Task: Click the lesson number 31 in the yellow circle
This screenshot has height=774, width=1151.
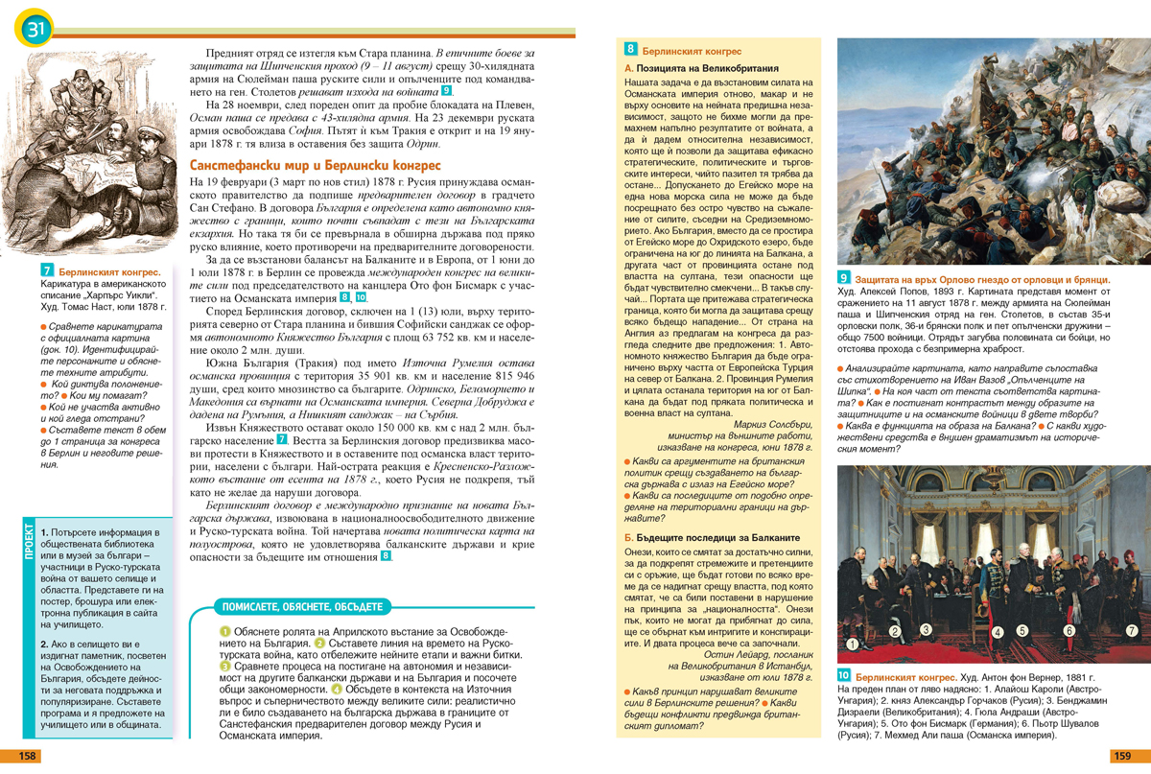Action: (x=33, y=30)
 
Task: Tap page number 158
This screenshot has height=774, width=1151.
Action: (x=29, y=756)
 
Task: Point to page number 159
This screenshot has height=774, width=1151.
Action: (x=1122, y=756)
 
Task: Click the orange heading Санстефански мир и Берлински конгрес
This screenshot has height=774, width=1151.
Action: (x=316, y=165)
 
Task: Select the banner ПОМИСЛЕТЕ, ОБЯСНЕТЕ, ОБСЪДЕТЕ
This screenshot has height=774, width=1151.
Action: (x=302, y=606)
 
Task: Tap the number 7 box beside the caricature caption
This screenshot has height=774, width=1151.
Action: (x=47, y=273)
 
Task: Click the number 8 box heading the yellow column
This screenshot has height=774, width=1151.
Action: (x=630, y=47)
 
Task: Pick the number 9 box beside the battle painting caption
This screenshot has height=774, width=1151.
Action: (x=844, y=278)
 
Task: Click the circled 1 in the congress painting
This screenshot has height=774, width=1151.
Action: (x=851, y=644)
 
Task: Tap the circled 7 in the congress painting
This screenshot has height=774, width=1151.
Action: (x=1132, y=630)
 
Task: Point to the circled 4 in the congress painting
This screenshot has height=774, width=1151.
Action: (x=998, y=632)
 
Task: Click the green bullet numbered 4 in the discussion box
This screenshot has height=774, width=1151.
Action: (x=337, y=689)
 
